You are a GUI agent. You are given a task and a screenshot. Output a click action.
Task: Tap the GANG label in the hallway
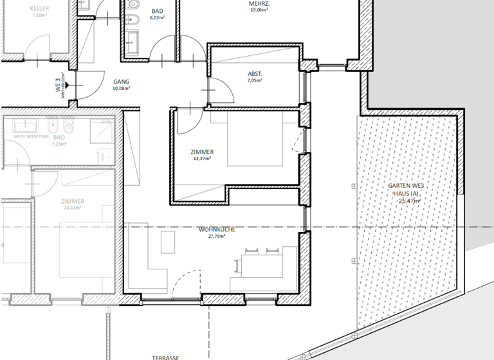coord(121,82)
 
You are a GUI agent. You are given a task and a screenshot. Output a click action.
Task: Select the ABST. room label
coord(255,73)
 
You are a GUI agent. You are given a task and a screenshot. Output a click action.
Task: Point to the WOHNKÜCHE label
coord(216,229)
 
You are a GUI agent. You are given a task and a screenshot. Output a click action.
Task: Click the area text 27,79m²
coord(216,236)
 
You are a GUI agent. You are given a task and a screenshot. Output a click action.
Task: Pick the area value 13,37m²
coord(202,159)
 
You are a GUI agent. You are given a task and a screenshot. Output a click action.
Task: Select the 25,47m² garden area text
coord(409,201)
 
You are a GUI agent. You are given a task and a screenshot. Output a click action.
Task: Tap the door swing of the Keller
coord(39,46)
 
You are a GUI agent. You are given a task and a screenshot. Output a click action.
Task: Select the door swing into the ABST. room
coord(223,90)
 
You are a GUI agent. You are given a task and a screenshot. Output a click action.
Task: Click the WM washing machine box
coord(102,156)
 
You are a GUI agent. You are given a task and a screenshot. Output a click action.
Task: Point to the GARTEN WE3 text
coord(406,186)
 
